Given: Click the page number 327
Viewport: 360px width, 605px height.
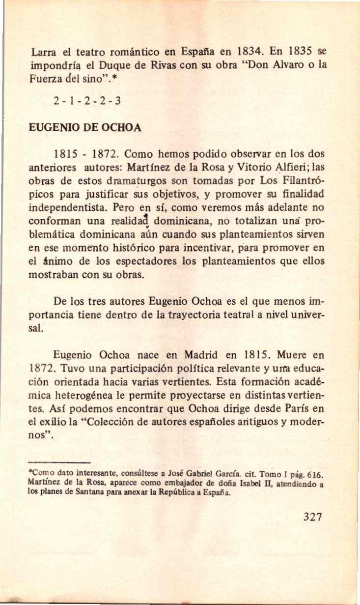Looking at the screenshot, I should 313,517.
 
